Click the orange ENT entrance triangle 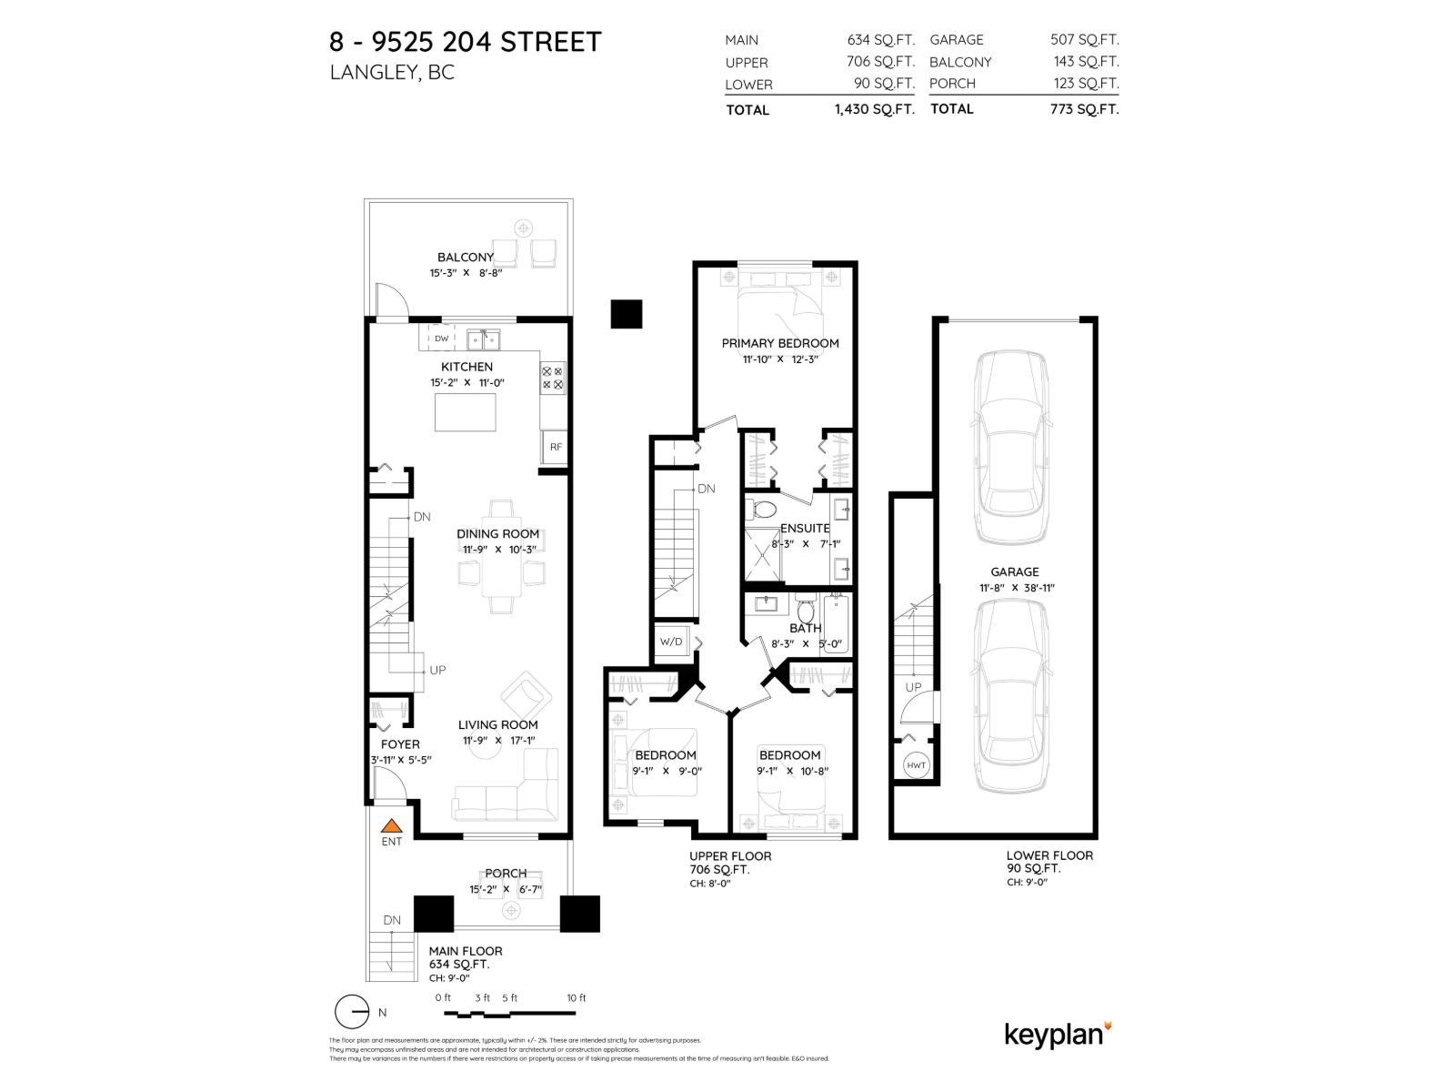(391, 826)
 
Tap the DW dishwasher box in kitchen (441, 339)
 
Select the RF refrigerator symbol (555, 447)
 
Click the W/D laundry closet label (671, 642)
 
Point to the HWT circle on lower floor (916, 765)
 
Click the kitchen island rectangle (466, 412)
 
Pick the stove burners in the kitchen (552, 378)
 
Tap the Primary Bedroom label (779, 343)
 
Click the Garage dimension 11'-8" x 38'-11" (1014, 588)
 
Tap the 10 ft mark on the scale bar (577, 998)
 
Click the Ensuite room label (805, 528)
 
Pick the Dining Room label (497, 534)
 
